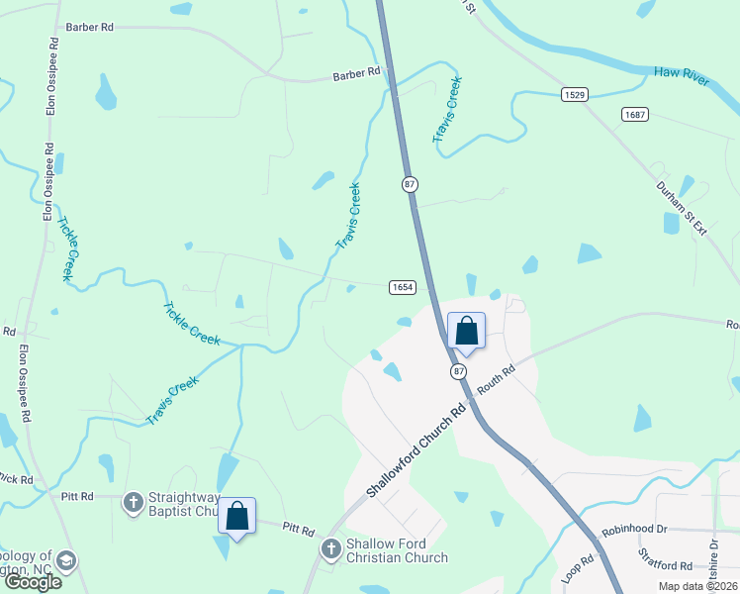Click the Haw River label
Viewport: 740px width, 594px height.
click(682, 76)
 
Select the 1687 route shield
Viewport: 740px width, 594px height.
click(635, 115)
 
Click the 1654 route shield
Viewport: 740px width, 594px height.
click(402, 287)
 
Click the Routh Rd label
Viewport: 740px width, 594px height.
click(496, 379)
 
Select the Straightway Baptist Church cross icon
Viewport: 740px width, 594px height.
click(133, 502)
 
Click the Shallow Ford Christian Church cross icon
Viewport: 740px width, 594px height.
click(331, 547)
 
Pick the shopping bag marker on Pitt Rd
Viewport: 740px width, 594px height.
click(236, 517)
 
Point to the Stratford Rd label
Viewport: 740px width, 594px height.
click(665, 565)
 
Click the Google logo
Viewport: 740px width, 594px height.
click(33, 581)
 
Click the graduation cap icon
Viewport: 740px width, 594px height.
click(66, 561)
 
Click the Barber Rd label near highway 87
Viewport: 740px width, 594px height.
click(356, 72)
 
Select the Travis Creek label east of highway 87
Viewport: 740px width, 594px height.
click(448, 109)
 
